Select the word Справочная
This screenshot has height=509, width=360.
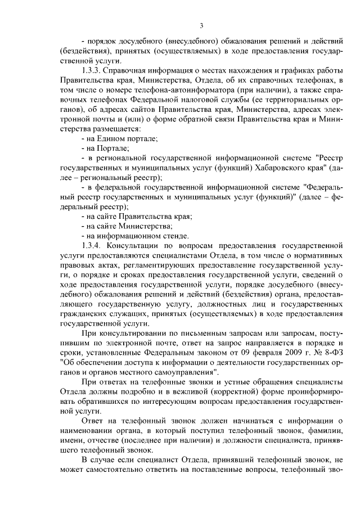[x=134, y=70]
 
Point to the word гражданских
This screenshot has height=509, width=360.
[x=84, y=313]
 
